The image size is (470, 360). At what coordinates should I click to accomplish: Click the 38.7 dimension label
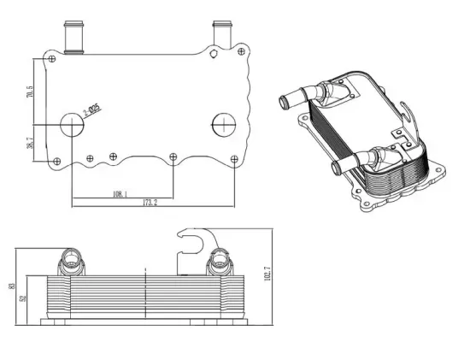click(x=32, y=145)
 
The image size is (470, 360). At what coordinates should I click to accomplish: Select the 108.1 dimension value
click(x=120, y=193)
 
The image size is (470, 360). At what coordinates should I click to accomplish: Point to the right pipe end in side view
click(x=221, y=260)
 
